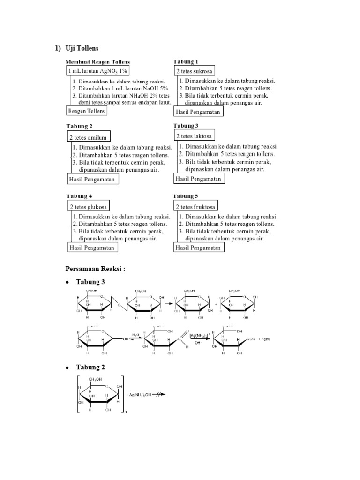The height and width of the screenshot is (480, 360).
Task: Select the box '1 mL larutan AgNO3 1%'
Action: (x=97, y=70)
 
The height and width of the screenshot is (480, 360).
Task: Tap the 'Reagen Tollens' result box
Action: (x=87, y=111)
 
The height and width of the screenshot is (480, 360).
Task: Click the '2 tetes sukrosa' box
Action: (x=194, y=71)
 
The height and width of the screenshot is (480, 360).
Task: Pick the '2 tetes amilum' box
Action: (x=88, y=137)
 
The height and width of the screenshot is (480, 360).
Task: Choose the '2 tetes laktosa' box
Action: (x=194, y=136)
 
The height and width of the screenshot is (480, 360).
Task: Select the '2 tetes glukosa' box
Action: (x=89, y=207)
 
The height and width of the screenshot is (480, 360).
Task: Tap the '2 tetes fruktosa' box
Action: (x=196, y=207)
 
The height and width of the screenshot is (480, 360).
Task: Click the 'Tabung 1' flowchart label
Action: (x=186, y=61)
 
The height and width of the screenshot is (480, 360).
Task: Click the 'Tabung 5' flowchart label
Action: (x=186, y=196)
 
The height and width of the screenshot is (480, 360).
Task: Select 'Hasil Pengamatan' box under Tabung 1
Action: (x=198, y=112)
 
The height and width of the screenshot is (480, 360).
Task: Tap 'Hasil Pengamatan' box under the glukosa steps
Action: (x=92, y=247)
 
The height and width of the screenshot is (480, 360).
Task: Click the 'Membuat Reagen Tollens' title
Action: (x=97, y=61)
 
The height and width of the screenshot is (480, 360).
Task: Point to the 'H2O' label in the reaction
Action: (x=135, y=336)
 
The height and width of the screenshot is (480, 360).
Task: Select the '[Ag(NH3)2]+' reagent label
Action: (x=198, y=336)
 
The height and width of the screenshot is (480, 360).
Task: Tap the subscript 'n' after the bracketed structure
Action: (x=125, y=412)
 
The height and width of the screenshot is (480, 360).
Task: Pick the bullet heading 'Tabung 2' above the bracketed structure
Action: (x=91, y=366)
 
